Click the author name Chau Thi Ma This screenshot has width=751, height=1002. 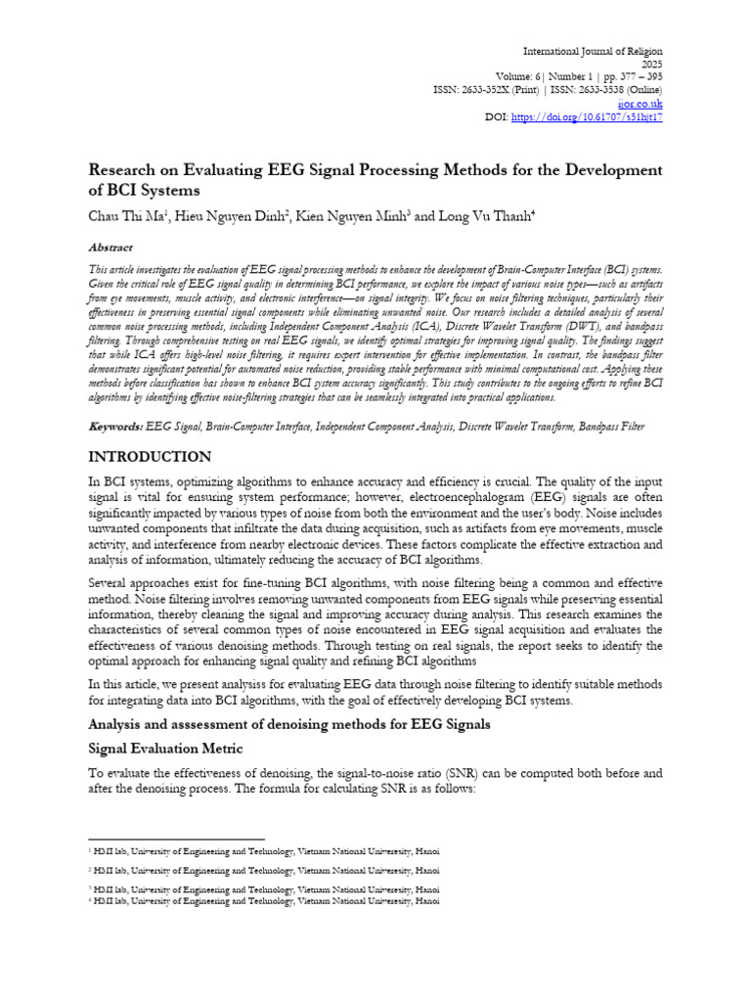pos(128,214)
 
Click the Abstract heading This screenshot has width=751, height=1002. pos(110,249)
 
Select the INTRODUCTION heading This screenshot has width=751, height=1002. pos(149,457)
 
